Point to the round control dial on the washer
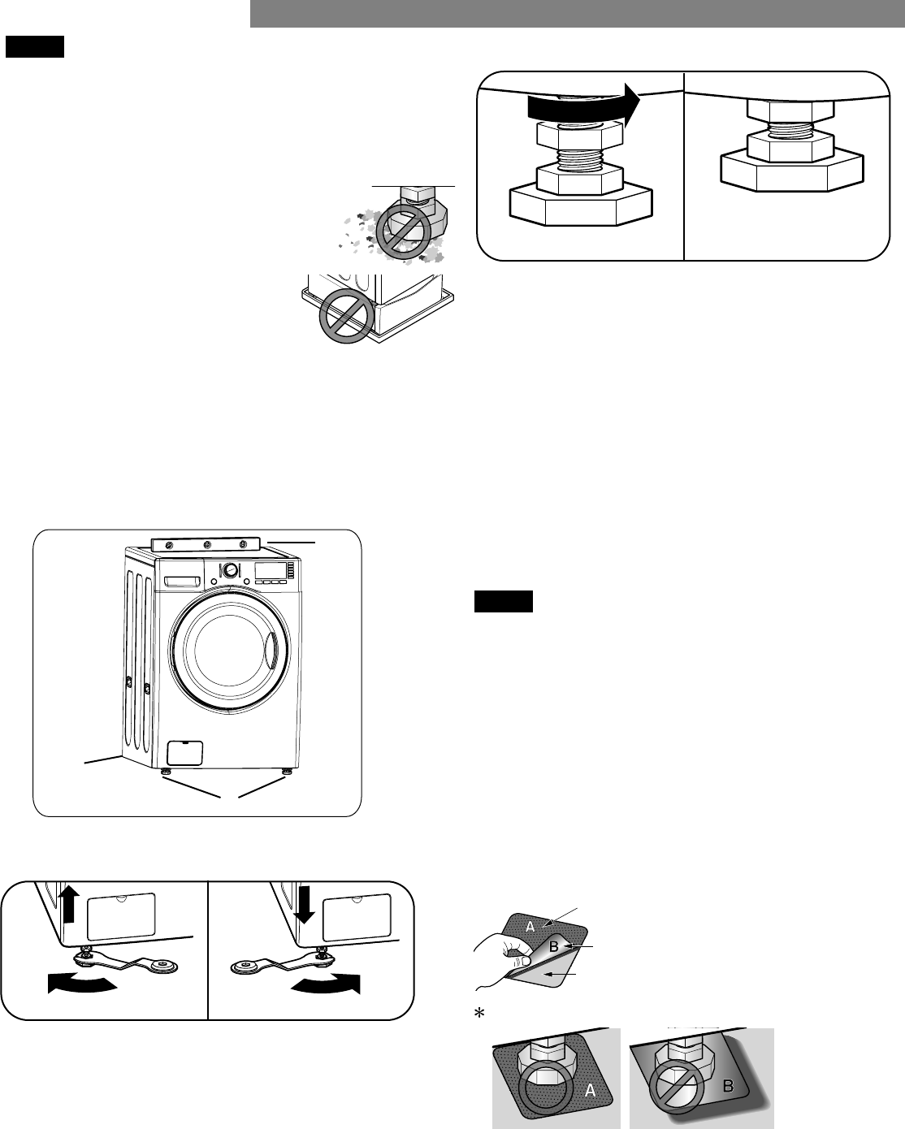231,570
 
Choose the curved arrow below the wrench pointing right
325,984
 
